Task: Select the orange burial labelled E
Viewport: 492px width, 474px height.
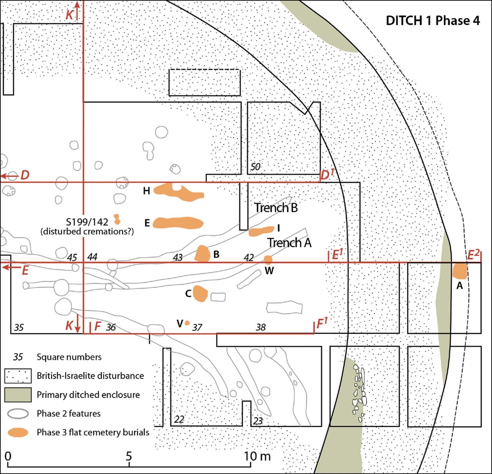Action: click(x=178, y=223)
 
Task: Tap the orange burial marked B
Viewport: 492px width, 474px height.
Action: click(x=202, y=253)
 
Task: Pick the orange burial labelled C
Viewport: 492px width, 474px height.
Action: click(x=200, y=294)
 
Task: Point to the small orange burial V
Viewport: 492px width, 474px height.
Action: click(x=187, y=323)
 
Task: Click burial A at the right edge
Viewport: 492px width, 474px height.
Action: click(x=460, y=271)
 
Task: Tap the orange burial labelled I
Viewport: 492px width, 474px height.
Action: click(x=261, y=231)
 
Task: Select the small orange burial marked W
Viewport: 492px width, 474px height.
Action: click(x=268, y=259)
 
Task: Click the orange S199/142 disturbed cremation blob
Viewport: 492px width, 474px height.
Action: click(x=117, y=219)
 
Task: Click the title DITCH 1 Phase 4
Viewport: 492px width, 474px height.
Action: click(x=433, y=21)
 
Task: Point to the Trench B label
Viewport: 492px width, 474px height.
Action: click(x=276, y=207)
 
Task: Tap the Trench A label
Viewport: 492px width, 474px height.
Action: click(x=289, y=242)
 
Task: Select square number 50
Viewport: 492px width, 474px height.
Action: click(x=255, y=167)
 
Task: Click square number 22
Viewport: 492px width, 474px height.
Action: click(x=179, y=420)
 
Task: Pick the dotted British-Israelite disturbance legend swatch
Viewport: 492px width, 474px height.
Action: click(x=18, y=376)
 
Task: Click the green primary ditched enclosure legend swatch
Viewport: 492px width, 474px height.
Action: click(x=18, y=395)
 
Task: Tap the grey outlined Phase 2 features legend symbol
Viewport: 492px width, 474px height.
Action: click(x=18, y=414)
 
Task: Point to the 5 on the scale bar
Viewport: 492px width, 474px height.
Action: click(x=129, y=456)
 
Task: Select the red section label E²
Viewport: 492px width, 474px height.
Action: click(x=474, y=255)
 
